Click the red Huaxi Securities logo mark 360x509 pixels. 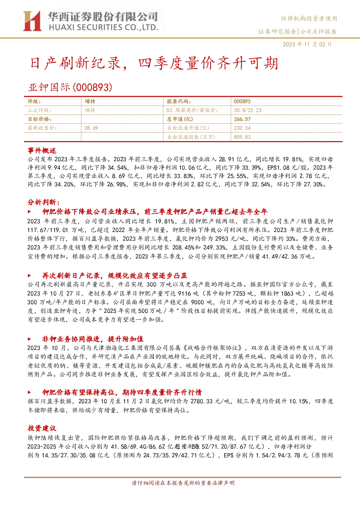click(32, 21)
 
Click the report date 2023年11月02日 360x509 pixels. click(307, 44)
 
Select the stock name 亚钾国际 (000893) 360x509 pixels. click(70, 87)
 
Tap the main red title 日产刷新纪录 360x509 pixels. click(75, 63)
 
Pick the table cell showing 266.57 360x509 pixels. click(242, 119)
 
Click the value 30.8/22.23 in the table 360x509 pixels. click(248, 110)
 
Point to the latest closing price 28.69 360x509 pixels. click(91, 128)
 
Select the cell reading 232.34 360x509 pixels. click(242, 128)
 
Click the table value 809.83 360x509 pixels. click(242, 137)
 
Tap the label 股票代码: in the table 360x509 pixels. click(179, 101)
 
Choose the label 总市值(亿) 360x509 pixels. click(180, 119)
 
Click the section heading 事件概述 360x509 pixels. click(42, 151)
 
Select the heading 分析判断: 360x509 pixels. click(44, 202)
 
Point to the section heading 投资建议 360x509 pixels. click(42, 428)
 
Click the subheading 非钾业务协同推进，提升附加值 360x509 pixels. click(93, 339)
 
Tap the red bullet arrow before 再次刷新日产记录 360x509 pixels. click(29, 276)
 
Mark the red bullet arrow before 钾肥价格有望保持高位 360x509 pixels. click(29, 392)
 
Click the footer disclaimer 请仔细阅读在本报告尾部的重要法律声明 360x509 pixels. click(183, 489)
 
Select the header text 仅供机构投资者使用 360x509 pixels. click(309, 19)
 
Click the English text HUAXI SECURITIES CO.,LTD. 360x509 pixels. click(103, 28)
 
